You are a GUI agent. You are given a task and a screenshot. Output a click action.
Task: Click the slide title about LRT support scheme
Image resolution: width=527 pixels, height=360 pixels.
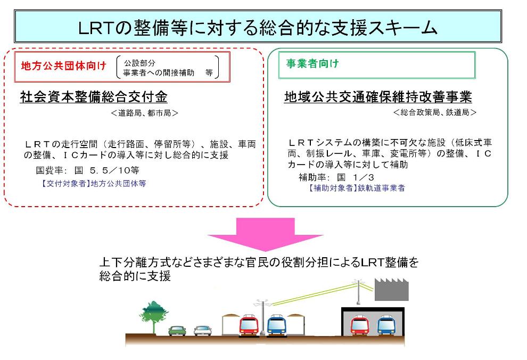click(x=258, y=27)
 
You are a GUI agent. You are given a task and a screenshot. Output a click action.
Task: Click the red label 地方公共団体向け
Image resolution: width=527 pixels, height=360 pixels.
click(x=63, y=66)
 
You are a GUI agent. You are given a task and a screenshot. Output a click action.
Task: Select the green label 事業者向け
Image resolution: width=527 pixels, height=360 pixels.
click(x=312, y=63)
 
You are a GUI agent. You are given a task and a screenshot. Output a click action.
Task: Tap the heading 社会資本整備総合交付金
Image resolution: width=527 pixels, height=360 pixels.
click(x=94, y=97)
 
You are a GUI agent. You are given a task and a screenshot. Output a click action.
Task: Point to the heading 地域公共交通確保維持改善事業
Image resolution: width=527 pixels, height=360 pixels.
click(x=378, y=97)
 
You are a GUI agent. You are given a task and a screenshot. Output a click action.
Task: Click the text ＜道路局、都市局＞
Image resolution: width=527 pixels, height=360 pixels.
click(x=144, y=113)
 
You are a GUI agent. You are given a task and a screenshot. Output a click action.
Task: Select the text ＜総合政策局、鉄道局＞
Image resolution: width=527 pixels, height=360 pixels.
click(x=435, y=112)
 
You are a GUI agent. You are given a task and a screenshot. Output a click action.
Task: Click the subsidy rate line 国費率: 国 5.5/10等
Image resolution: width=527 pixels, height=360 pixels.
click(x=87, y=170)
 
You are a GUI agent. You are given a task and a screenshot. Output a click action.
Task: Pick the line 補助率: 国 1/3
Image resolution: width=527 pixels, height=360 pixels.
click(x=336, y=177)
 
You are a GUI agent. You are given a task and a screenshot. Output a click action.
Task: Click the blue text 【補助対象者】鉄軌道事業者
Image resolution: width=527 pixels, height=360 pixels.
click(x=356, y=188)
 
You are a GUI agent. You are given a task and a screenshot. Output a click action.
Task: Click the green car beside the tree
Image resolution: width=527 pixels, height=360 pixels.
click(x=177, y=331)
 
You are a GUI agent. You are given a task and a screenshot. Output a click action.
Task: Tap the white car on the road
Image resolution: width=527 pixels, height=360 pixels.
click(x=203, y=331)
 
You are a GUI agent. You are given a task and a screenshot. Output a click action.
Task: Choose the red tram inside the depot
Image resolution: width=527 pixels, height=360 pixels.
click(x=360, y=325)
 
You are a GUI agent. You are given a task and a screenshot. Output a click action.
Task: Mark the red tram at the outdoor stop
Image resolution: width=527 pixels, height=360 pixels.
click(x=249, y=325)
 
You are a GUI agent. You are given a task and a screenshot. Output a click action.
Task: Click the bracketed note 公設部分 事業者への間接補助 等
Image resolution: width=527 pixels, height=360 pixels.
click(x=167, y=68)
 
